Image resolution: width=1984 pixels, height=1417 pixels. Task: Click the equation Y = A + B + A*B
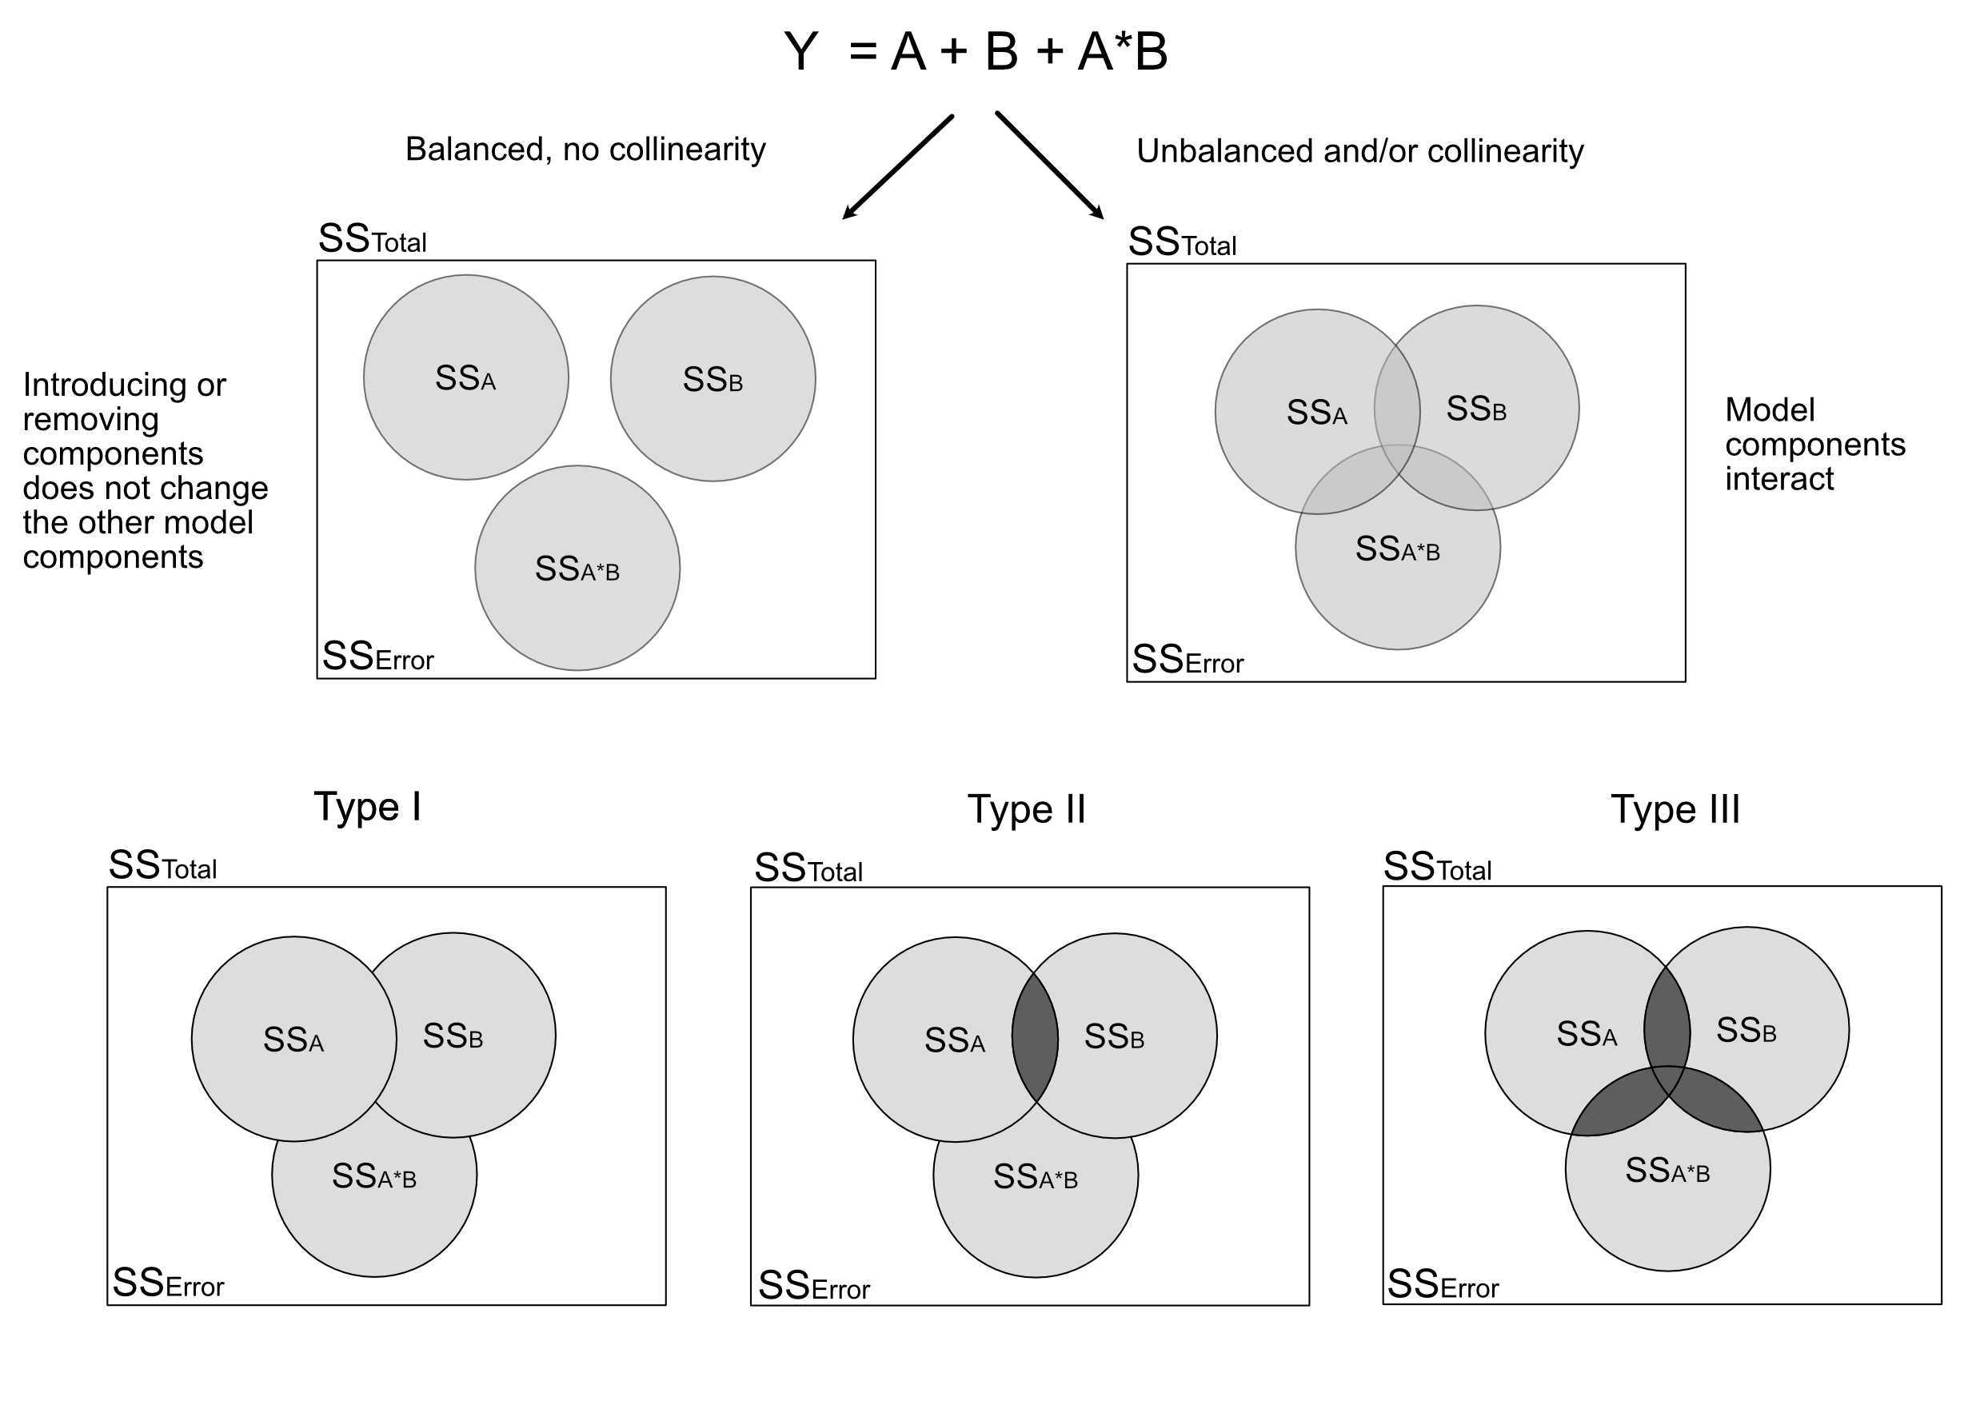(x=975, y=51)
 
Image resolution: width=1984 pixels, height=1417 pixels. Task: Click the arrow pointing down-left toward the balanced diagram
(x=898, y=166)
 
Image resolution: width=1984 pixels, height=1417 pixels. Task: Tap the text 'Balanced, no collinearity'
(x=585, y=150)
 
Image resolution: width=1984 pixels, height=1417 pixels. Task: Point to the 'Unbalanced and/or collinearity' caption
(x=1359, y=151)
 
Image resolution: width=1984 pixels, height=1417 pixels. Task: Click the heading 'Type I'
(x=367, y=807)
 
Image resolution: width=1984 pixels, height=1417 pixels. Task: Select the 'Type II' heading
(x=1027, y=810)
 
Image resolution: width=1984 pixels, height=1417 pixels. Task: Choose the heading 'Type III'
(x=1675, y=810)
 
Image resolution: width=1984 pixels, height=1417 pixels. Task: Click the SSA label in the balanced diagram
(x=465, y=379)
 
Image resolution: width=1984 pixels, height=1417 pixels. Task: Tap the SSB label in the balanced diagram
(x=712, y=380)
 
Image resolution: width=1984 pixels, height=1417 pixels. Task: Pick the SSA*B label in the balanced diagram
(x=577, y=569)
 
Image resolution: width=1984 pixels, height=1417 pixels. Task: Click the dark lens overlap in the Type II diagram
(x=1035, y=1038)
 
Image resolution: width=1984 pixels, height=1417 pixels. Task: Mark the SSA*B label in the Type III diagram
(x=1667, y=1171)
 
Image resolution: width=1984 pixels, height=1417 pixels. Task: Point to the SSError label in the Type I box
(x=169, y=1283)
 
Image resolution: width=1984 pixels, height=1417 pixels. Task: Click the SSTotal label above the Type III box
(x=1437, y=868)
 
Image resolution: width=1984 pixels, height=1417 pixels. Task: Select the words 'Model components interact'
(x=1814, y=444)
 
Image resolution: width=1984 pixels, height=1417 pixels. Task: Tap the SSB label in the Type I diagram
(x=453, y=1036)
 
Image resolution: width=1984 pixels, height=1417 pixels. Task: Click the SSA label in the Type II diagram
(x=955, y=1040)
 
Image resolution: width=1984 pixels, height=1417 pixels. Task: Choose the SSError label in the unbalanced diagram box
(x=1187, y=661)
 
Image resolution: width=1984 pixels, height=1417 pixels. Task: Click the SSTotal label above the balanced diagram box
(x=373, y=239)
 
